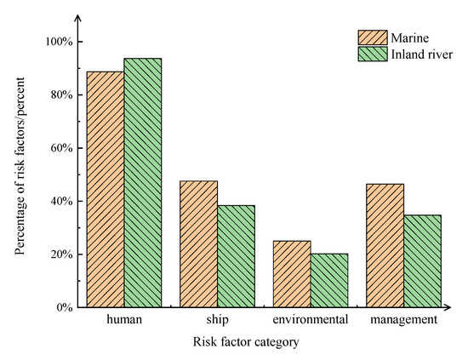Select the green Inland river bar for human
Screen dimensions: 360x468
142,183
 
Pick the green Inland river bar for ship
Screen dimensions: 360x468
236,256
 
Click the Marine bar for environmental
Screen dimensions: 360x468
292,274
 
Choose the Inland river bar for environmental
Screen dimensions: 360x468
329,281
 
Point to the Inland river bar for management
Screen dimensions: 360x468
423,261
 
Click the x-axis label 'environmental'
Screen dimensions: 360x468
311,321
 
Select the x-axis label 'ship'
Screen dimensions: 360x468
217,321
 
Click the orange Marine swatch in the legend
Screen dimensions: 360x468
372,37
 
